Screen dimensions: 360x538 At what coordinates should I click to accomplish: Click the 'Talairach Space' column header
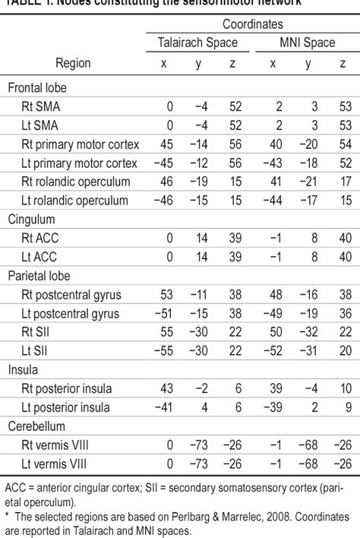point(192,43)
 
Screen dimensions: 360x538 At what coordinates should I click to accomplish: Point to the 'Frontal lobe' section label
point(38,87)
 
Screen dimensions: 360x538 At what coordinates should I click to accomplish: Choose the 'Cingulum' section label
point(32,219)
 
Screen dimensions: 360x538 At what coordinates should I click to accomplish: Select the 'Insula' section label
point(24,369)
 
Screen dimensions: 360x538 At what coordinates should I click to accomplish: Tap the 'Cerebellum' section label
point(36,426)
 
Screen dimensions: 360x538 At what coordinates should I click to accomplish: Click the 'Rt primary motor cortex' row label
point(78,144)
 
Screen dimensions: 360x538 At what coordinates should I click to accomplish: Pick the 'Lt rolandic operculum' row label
point(76,200)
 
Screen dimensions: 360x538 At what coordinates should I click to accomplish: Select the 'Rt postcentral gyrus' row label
point(72,294)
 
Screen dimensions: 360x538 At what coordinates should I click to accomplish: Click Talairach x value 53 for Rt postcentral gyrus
point(164,294)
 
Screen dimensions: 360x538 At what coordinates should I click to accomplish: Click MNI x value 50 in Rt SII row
point(273,331)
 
